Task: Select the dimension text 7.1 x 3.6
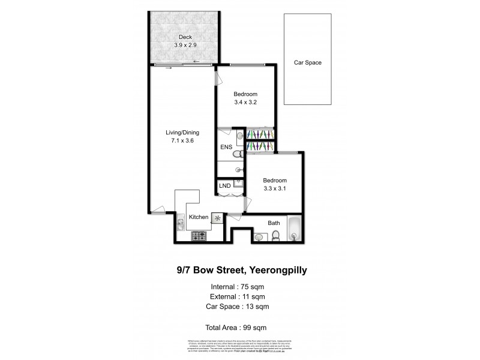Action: [x=182, y=141]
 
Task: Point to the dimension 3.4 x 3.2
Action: [x=245, y=103]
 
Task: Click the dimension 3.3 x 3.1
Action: [x=274, y=188]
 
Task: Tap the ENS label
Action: [x=226, y=146]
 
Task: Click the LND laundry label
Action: [x=225, y=185]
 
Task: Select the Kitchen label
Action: [x=199, y=217]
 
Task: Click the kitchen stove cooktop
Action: [x=199, y=237]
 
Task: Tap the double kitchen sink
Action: [x=181, y=225]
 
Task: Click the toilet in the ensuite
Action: [x=236, y=155]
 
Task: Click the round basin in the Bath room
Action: [x=259, y=237]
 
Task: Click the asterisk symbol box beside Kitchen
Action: [x=217, y=217]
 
